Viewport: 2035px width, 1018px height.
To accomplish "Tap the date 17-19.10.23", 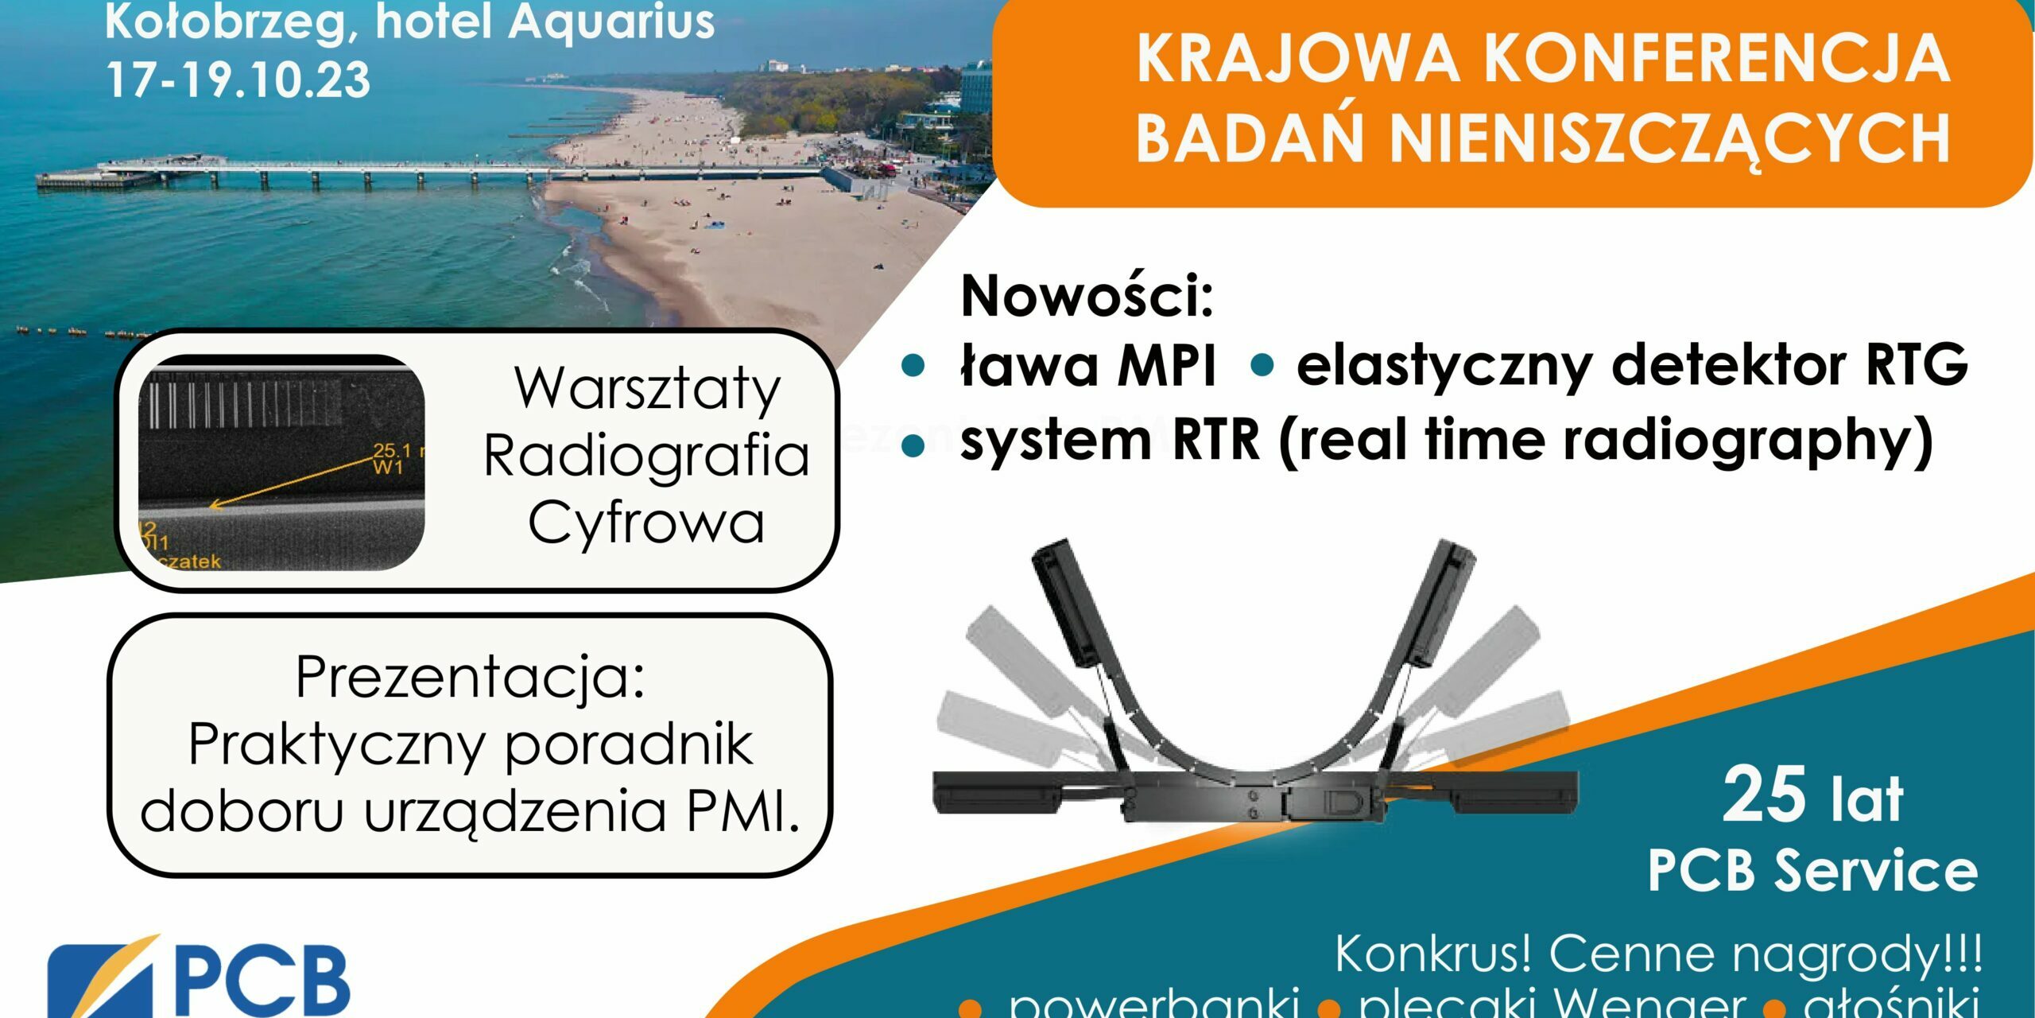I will (x=238, y=80).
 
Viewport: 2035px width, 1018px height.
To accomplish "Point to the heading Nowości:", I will (x=1087, y=296).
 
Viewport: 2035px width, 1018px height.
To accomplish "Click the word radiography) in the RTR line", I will (x=1749, y=441).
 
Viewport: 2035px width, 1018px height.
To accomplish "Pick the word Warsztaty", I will (x=648, y=389).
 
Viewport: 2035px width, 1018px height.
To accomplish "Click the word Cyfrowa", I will (x=646, y=523).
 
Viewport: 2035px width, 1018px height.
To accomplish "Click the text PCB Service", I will (x=1812, y=871).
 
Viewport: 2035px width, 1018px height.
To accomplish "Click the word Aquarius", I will (x=612, y=22).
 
